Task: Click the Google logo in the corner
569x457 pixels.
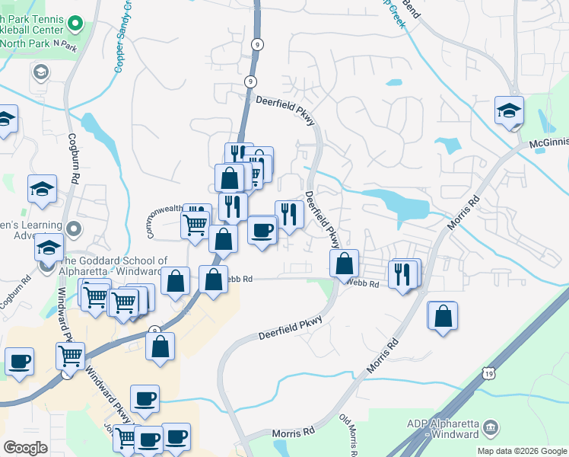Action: tap(25, 448)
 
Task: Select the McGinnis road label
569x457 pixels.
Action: tap(548, 142)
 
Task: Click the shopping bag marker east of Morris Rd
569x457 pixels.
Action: tap(443, 315)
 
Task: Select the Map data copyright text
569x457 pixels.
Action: tap(521, 451)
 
